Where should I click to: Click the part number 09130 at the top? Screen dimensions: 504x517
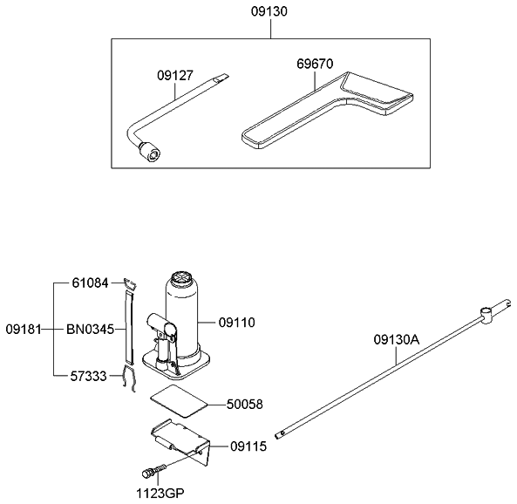click(270, 12)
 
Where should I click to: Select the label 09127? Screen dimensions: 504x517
click(174, 75)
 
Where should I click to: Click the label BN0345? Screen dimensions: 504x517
click(91, 329)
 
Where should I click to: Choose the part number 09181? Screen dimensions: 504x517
click(24, 329)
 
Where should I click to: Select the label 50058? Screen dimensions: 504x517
click(245, 405)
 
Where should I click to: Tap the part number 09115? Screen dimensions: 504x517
click(250, 446)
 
